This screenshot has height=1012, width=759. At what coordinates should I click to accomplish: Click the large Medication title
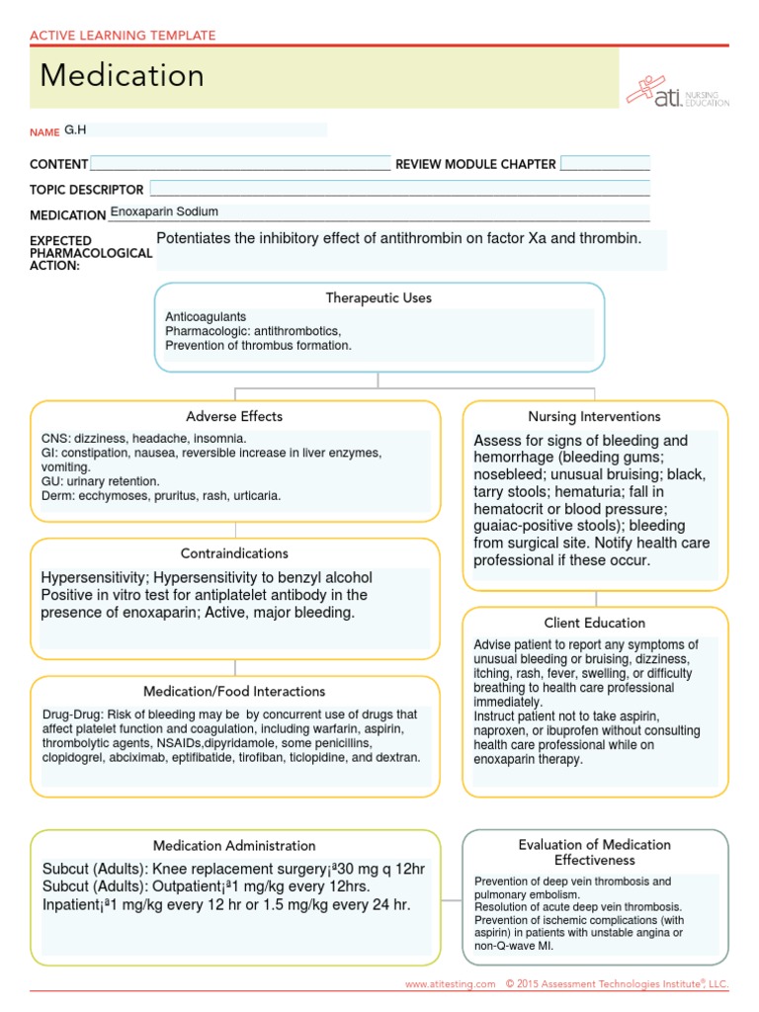pyautogui.click(x=123, y=76)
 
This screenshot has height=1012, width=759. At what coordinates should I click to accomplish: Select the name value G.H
pyautogui.click(x=76, y=129)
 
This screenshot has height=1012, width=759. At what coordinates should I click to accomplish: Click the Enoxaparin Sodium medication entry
pyautogui.click(x=164, y=211)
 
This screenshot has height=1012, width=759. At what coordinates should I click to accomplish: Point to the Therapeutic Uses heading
pyautogui.click(x=379, y=297)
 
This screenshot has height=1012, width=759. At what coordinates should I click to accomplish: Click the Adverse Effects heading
pyautogui.click(x=234, y=416)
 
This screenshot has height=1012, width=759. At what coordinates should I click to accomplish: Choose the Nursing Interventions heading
pyautogui.click(x=595, y=416)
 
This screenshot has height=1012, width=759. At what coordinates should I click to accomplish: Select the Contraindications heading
pyautogui.click(x=234, y=553)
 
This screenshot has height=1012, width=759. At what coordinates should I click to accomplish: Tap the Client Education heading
pyautogui.click(x=595, y=623)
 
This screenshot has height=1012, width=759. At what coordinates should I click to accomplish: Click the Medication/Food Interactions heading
pyautogui.click(x=234, y=691)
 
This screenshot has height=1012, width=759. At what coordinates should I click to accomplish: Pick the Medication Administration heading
pyautogui.click(x=234, y=845)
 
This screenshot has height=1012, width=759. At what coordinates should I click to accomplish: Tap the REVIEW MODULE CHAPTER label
pyautogui.click(x=475, y=164)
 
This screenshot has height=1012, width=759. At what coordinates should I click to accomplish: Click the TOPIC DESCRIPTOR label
pyautogui.click(x=87, y=189)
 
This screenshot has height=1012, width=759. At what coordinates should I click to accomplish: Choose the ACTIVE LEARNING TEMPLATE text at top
pyautogui.click(x=123, y=36)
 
